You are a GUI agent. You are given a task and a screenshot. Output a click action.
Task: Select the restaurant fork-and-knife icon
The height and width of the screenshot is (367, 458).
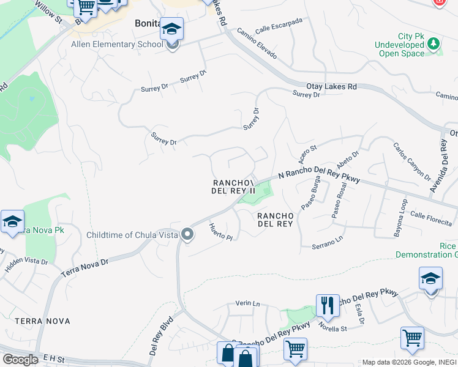click(x=328, y=305)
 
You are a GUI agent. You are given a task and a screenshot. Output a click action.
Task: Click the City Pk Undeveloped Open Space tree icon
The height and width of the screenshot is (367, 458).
click(x=434, y=43)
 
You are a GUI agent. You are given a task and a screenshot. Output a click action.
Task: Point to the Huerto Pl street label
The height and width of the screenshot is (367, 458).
click(x=221, y=232)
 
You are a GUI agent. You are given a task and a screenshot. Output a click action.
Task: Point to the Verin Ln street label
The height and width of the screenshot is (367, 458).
click(x=248, y=303)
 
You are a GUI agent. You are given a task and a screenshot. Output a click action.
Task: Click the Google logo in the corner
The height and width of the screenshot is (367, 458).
click(x=20, y=359)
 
